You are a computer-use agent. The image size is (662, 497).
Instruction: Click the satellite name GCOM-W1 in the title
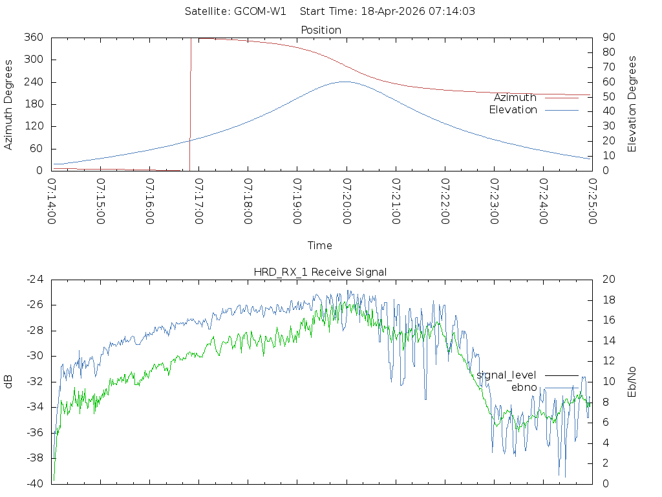(x=260, y=11)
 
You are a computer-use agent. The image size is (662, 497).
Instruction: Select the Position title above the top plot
(x=321, y=30)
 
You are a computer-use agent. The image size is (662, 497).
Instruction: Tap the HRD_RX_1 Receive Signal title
(x=321, y=272)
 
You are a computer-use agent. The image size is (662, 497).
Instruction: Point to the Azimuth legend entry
(x=515, y=98)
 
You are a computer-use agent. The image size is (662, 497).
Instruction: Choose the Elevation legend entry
(x=513, y=110)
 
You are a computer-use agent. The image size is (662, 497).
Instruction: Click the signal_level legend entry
(x=506, y=375)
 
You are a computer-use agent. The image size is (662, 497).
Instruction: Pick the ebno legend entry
(x=524, y=387)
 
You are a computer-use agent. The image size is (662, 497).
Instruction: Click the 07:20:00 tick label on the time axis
(x=347, y=201)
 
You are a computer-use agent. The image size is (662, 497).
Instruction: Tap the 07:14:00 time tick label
(x=52, y=201)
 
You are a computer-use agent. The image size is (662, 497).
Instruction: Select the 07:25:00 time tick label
(x=592, y=201)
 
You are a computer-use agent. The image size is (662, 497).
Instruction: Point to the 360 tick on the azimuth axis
(x=33, y=38)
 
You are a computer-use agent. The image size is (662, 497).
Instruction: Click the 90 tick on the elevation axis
(x=607, y=38)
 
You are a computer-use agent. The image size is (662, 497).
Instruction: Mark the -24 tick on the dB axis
(x=34, y=279)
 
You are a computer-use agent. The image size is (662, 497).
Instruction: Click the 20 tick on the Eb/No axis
(x=608, y=279)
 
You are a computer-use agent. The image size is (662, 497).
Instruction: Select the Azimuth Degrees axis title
(x=9, y=104)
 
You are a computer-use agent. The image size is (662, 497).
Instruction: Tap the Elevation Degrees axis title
(x=632, y=104)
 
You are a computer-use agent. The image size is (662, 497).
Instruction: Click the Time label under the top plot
(x=320, y=245)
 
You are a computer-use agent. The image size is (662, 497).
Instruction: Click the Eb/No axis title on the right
(x=632, y=382)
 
